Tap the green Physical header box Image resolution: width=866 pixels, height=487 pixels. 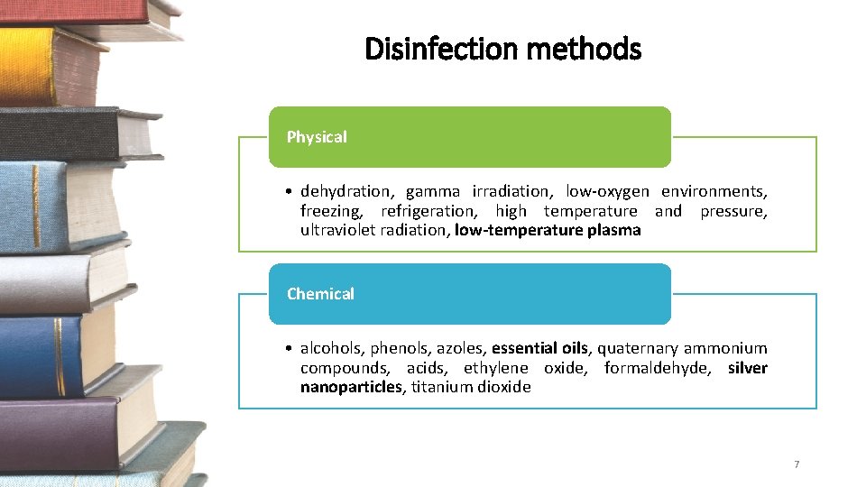pos(469,137)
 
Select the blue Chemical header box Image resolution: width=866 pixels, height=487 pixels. pos(469,294)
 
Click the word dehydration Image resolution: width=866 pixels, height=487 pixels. pos(346,191)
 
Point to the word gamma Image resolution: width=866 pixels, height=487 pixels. pos(432,191)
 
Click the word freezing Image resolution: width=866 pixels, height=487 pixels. pos(331,211)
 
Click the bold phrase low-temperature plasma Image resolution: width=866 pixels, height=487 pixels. pos(548,230)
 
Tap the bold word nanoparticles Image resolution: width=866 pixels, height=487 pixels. pos(351,387)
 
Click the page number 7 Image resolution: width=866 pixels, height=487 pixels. pos(797,464)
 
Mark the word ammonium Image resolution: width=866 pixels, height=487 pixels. pos(725,348)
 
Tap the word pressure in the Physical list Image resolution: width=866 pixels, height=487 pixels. pos(735,211)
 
